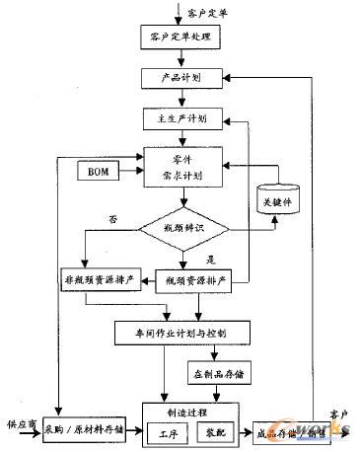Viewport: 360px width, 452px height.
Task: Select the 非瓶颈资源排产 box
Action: coord(102,275)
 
